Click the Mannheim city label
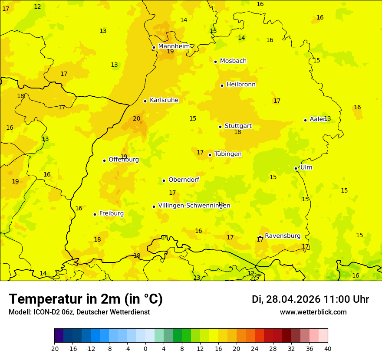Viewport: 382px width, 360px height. click(174, 46)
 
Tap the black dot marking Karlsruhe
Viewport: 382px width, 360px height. click(145, 101)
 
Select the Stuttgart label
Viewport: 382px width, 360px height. click(238, 126)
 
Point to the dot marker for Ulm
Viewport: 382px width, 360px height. click(296, 168)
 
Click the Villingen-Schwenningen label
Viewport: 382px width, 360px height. click(194, 206)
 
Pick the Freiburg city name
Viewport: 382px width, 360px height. click(111, 213)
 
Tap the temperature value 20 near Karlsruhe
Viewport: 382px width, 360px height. click(136, 118)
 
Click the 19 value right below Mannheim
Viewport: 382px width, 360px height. click(170, 52)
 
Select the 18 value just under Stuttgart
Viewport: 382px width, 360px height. click(237, 132)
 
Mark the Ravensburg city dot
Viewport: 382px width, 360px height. click(260, 237)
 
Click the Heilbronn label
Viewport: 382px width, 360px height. click(241, 85)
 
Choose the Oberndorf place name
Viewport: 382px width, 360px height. click(184, 180)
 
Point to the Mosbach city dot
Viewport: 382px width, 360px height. click(215, 62)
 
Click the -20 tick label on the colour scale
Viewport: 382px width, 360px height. click(54, 348)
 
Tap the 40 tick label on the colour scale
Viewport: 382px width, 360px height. click(328, 348)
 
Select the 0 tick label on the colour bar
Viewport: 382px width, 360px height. click(145, 348)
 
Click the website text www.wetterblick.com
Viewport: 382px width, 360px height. click(313, 312)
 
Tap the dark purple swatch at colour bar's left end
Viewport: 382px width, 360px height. click(59, 336)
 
